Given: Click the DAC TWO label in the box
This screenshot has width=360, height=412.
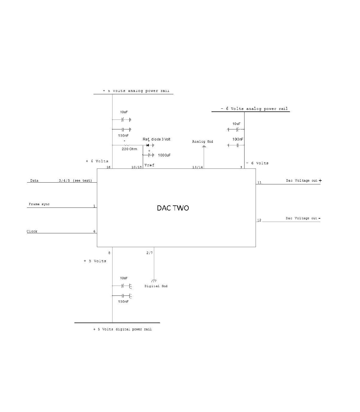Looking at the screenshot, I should (x=173, y=208).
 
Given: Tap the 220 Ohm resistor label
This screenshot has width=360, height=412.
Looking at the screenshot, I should (x=129, y=149).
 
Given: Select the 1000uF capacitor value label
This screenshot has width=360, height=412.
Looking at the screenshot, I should (x=164, y=155).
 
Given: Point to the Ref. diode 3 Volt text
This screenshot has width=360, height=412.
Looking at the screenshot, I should (x=156, y=139).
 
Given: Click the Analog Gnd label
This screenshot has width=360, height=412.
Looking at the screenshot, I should (x=202, y=141).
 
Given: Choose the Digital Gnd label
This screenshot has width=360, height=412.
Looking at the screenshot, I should (x=156, y=286).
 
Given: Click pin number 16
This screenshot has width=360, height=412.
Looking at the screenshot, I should (x=108, y=167).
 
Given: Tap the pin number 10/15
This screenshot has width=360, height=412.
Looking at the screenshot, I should (x=136, y=167).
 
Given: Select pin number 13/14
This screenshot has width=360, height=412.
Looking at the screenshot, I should (x=197, y=167).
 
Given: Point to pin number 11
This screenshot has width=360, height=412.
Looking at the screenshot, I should (x=259, y=182).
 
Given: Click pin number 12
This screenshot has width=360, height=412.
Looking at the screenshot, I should (x=259, y=220).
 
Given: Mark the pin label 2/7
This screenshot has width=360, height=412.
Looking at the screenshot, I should (x=149, y=253).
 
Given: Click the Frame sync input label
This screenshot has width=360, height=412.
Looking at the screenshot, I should (x=39, y=204).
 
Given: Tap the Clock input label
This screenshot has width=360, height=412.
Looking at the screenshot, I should (x=32, y=231).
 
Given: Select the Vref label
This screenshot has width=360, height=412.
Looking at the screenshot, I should (x=149, y=165).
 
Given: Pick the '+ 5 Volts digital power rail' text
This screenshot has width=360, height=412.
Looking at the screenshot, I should (x=122, y=329).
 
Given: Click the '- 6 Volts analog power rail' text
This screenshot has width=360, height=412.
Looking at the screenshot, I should (x=254, y=109).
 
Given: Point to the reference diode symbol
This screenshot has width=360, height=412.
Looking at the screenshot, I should (x=148, y=145).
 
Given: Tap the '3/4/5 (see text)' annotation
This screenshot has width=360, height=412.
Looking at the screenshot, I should (x=75, y=181).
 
